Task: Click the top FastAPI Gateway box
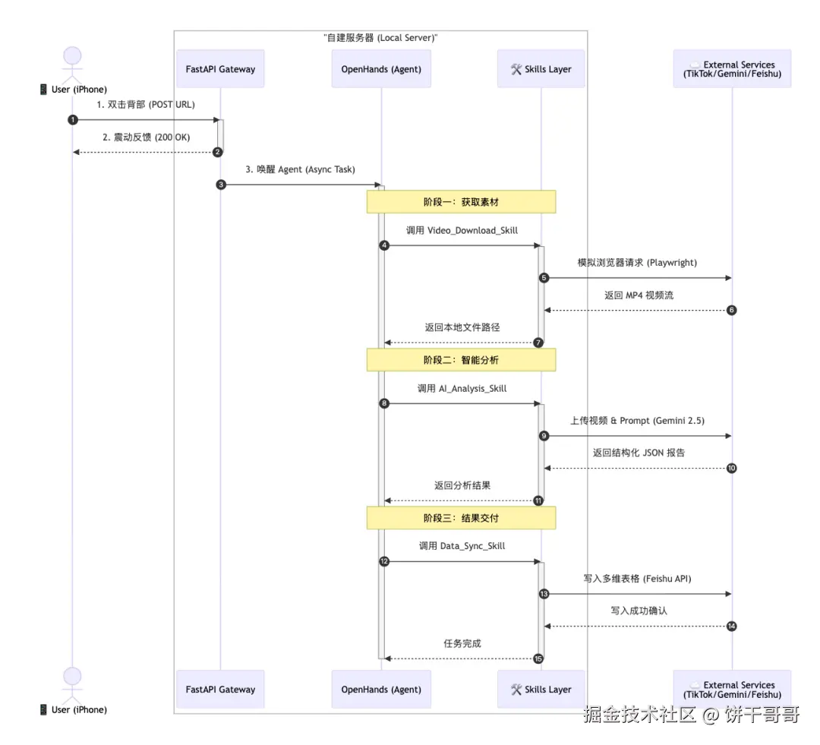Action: click(220, 69)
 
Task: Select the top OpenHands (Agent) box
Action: click(381, 69)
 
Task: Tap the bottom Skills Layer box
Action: click(541, 690)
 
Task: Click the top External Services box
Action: click(733, 69)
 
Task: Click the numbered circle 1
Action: click(73, 120)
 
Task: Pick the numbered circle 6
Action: click(732, 310)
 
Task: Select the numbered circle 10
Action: click(732, 468)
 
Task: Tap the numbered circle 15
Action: click(539, 658)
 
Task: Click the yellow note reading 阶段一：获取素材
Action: click(462, 202)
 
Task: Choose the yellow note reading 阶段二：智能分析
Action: click(462, 360)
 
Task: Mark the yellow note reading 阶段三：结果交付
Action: click(462, 518)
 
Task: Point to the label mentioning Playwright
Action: click(636, 263)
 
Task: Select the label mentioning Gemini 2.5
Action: click(637, 420)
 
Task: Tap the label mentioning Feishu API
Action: click(637, 579)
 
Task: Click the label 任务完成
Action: click(462, 643)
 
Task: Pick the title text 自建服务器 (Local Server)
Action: click(380, 37)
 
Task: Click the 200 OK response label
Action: click(147, 137)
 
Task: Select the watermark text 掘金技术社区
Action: click(639, 715)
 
